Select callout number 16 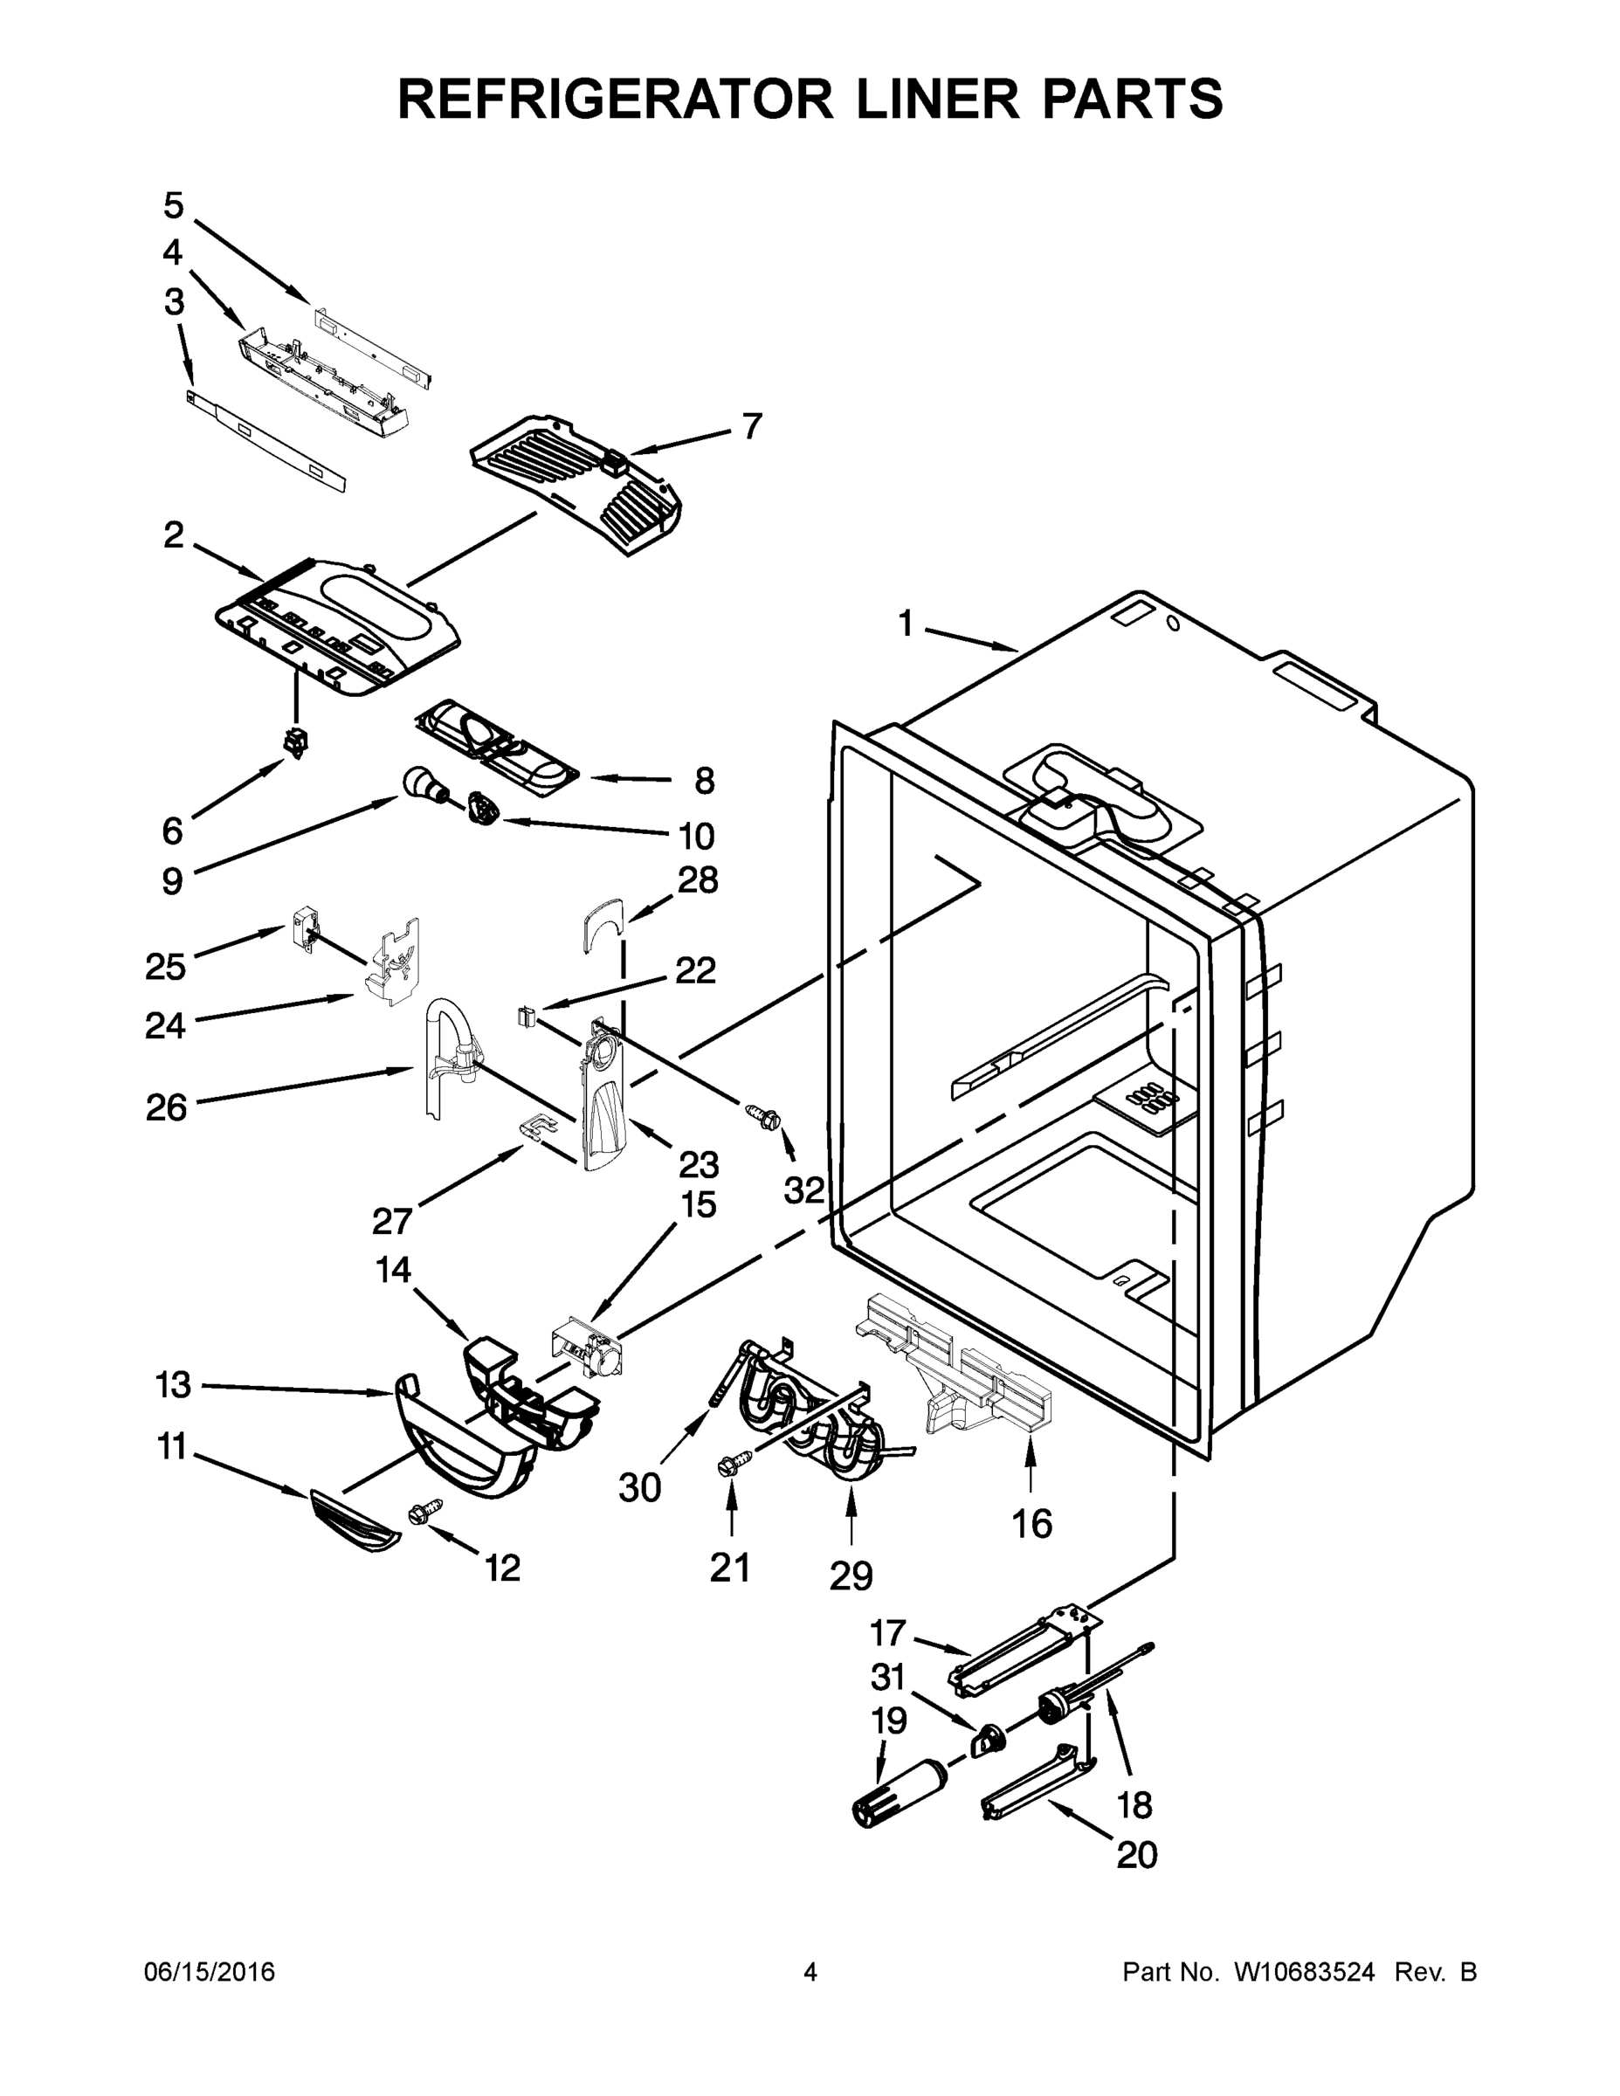coord(1031,1523)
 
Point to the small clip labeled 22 coord(526,1015)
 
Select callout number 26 coord(166,1107)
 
